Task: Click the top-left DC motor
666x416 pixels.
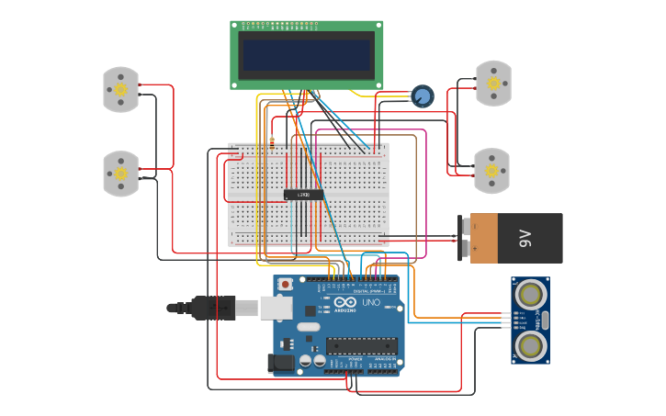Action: (x=120, y=89)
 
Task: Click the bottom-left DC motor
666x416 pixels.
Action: (x=120, y=174)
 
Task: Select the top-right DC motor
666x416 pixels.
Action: (x=493, y=84)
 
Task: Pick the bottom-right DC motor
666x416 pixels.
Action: (x=491, y=171)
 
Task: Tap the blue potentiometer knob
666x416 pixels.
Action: (x=422, y=96)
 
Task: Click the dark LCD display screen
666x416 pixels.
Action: (x=306, y=55)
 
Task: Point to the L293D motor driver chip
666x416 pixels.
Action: (x=303, y=195)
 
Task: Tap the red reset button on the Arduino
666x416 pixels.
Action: (x=286, y=285)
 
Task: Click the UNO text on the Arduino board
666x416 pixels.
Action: (x=371, y=302)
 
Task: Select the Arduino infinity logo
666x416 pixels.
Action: (x=345, y=302)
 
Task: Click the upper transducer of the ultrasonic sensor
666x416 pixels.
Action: (x=530, y=294)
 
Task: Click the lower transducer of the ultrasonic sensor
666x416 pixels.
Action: (x=530, y=345)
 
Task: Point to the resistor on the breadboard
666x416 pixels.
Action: (x=272, y=141)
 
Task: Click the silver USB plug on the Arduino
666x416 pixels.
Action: (x=275, y=308)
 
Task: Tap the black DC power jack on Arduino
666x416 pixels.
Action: (x=282, y=364)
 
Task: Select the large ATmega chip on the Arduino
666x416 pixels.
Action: (x=362, y=345)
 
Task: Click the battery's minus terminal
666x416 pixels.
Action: (x=464, y=226)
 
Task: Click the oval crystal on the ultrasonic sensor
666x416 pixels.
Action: (x=545, y=320)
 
